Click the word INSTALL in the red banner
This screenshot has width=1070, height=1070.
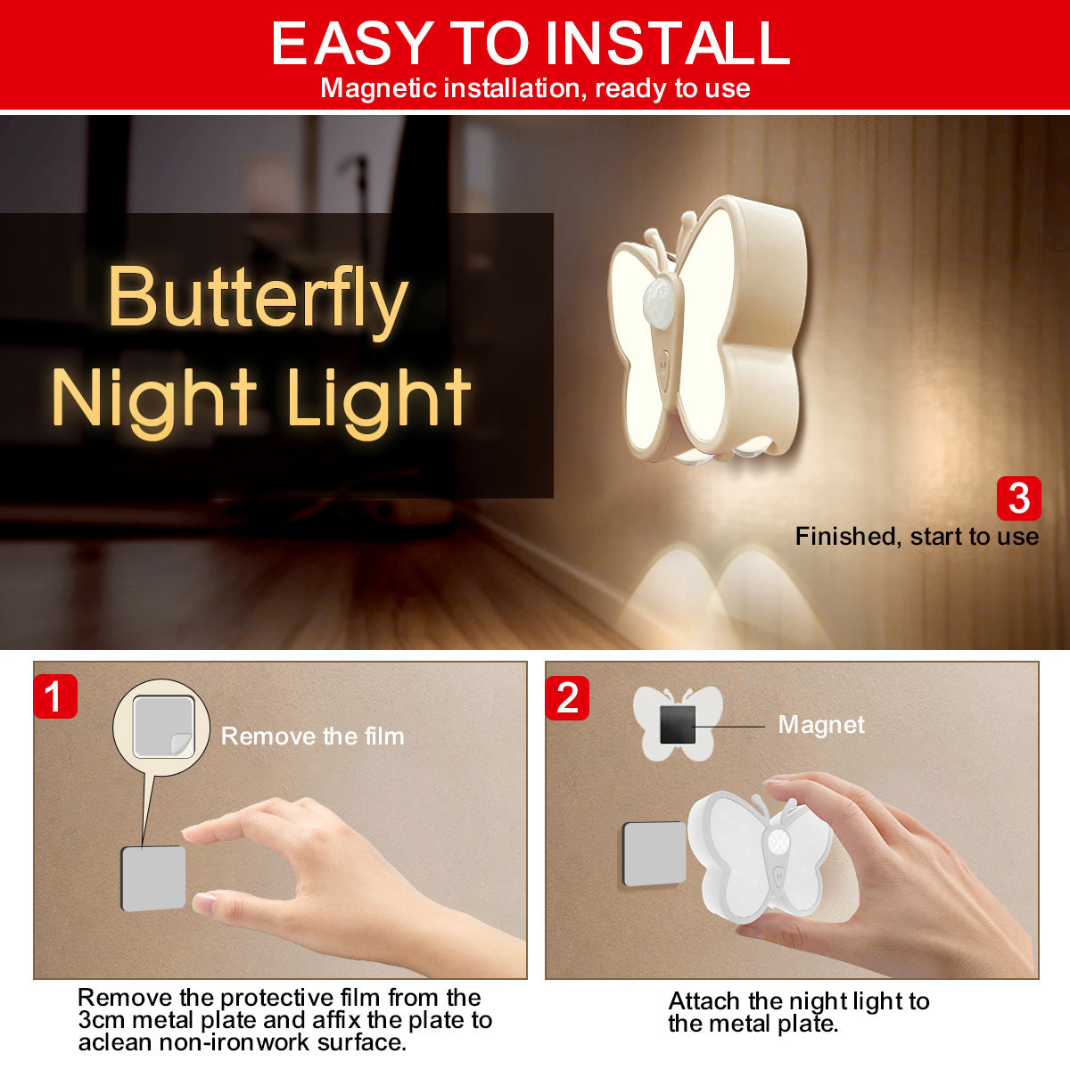(668, 43)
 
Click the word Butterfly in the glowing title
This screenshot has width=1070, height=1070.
(258, 298)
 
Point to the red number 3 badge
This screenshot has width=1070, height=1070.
(1019, 498)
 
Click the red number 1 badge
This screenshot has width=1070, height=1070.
(55, 696)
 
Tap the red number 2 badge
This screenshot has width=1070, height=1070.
(567, 698)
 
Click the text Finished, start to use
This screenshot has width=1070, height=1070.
(917, 537)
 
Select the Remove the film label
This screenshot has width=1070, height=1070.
(313, 737)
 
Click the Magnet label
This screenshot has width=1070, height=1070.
(821, 725)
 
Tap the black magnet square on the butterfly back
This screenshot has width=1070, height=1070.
(678, 725)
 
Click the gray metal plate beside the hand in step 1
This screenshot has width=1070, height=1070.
(153, 878)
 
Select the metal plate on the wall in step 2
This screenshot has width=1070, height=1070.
(654, 853)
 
